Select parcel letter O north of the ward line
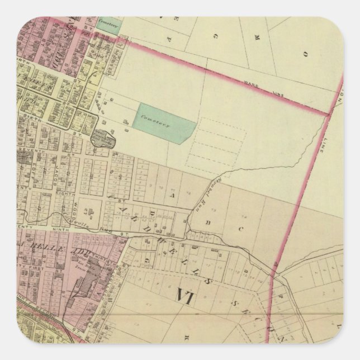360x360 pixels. [305, 55]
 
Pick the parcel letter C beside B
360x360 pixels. [242, 228]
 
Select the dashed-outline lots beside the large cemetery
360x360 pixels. [218, 143]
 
